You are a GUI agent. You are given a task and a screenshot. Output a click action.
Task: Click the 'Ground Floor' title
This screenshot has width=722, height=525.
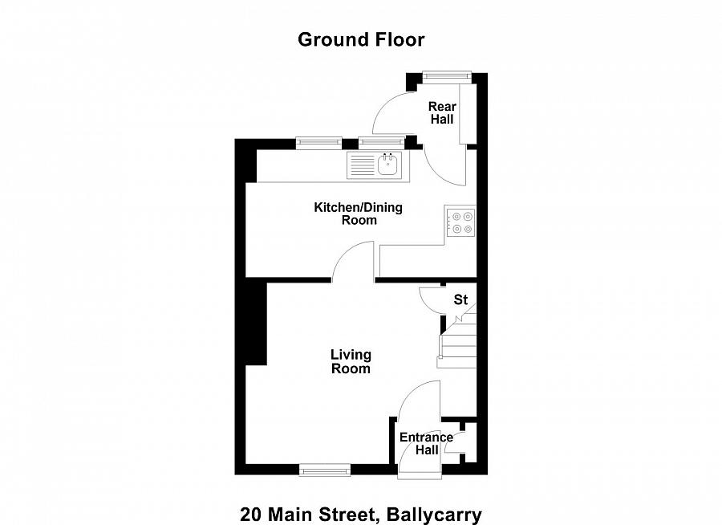(x=361, y=39)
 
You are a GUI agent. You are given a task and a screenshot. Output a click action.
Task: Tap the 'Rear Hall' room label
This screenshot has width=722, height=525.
(x=441, y=113)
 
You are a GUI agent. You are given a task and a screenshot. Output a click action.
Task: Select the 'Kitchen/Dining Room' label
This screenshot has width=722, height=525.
(x=358, y=214)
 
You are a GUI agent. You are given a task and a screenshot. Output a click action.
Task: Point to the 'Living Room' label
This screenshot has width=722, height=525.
(x=351, y=361)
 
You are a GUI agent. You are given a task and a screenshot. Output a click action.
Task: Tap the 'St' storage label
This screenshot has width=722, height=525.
(x=460, y=299)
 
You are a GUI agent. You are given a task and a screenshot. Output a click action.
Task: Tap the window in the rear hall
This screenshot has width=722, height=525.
(x=447, y=76)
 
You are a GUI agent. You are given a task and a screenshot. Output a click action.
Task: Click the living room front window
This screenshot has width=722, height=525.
(x=325, y=469)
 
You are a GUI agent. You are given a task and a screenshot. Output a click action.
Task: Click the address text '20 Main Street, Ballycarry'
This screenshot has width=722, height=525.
(x=361, y=513)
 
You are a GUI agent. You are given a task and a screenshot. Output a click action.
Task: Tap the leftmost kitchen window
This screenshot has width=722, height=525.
(x=318, y=143)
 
